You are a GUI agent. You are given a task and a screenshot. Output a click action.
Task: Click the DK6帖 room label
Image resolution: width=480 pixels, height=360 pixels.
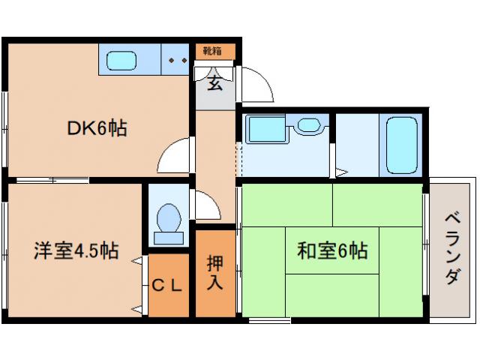click(x=97, y=128)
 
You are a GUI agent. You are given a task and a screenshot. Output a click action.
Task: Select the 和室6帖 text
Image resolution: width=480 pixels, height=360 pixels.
click(x=331, y=250)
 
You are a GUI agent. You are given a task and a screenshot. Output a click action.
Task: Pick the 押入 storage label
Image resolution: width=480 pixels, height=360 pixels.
click(x=214, y=273)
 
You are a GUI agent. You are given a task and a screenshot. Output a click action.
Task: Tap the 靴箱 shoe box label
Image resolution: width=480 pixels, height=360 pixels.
click(x=214, y=51)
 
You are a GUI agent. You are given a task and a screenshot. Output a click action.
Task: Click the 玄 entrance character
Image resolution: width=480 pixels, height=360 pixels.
click(x=214, y=82)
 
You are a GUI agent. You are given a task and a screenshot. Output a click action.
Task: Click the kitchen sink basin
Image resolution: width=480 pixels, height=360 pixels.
click(x=120, y=59)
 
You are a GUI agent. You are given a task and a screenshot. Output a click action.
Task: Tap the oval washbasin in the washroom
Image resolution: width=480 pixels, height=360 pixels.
click(x=308, y=125)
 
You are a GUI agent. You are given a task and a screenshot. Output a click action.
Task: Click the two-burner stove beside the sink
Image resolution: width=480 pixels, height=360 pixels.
click(x=178, y=59)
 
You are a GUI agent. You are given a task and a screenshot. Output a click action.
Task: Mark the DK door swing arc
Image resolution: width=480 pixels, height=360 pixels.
click(x=174, y=157)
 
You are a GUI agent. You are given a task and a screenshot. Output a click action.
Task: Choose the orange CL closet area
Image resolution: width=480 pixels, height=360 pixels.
click(x=169, y=296)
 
